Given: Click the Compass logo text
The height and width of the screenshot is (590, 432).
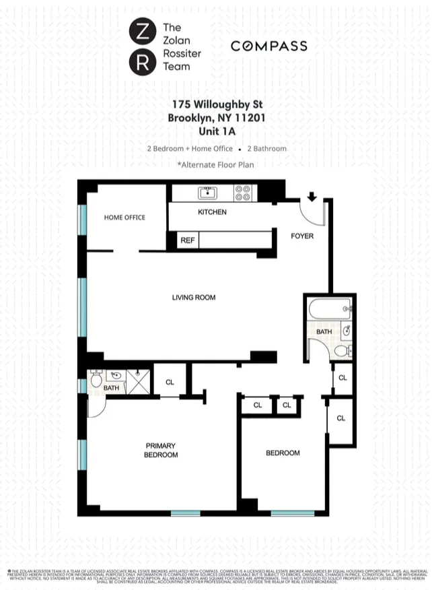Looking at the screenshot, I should click(268, 46).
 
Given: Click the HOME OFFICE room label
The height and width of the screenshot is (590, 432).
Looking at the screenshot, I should click(124, 218).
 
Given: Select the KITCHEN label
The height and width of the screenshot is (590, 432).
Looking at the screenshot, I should click(212, 212).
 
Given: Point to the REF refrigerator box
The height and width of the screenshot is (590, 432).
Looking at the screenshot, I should click(188, 240).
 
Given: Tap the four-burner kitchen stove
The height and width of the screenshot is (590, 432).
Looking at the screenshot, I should click(242, 193).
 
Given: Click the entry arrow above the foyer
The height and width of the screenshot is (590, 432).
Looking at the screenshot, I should click(312, 197).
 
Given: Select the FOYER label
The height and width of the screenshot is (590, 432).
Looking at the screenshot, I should click(302, 236).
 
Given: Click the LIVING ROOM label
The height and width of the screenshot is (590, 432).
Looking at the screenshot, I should click(194, 297).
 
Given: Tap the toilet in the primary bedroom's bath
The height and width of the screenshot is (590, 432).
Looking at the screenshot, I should click(96, 381).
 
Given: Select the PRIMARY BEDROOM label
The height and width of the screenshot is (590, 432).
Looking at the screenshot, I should click(161, 450).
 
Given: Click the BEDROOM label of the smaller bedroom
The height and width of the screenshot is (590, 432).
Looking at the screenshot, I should click(283, 453).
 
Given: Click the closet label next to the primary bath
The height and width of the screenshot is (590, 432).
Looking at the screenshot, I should click(170, 382).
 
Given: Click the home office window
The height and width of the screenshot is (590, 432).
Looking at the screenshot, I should click(82, 219).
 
